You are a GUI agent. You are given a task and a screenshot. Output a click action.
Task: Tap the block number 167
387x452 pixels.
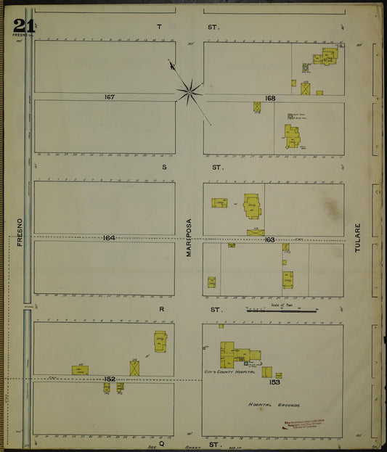point(110,96)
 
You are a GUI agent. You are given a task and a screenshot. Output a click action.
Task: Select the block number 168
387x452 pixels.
point(270,98)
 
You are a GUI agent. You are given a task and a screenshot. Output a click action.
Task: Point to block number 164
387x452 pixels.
point(109,238)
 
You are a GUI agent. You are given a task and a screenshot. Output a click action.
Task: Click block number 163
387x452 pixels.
point(269,239)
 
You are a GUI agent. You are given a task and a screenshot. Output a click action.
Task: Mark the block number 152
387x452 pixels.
point(110,379)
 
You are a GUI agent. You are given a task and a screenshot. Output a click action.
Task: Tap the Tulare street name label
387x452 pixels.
point(357,258)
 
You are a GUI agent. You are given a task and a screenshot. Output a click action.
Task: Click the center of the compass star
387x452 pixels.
point(189,91)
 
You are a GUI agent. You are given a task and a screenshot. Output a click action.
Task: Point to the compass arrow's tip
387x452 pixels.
point(171,62)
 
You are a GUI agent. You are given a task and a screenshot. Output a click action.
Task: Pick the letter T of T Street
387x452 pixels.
point(159,27)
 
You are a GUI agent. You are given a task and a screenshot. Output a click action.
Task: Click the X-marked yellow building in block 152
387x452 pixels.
point(134,368)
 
